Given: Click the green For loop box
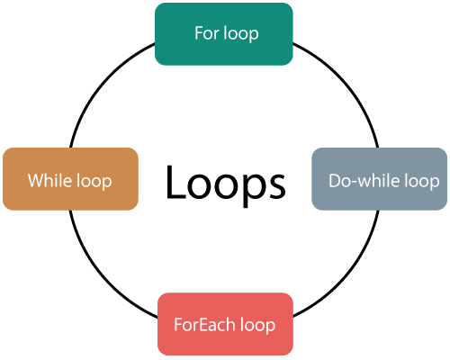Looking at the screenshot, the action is coord(224,34).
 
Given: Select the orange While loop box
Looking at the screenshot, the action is coord(70,179).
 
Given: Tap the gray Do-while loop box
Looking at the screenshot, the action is coord(380,179).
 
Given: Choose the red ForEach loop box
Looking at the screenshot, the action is coord(225,324).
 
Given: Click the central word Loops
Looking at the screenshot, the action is coord(225,184).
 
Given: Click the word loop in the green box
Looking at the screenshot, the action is coord(241,34).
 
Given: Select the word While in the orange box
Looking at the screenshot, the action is coord(50,180).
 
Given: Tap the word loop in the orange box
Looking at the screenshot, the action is coord(94,182).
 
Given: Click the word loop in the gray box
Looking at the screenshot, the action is coord(422,182).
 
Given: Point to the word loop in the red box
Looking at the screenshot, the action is coord(257,326).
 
